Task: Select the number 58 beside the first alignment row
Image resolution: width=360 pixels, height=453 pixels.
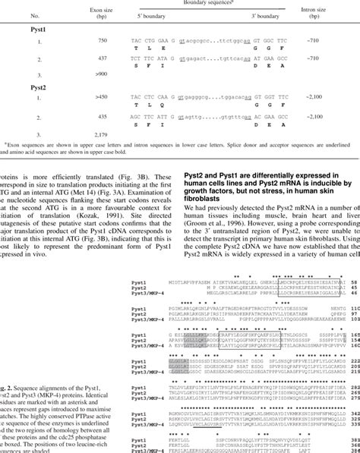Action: coord(355,302)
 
